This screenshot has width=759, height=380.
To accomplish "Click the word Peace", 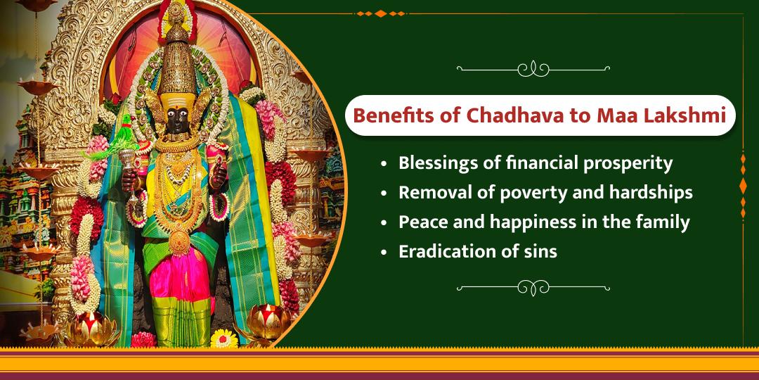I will coord(421,222).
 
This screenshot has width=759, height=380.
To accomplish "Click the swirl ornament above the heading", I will coord(533,69).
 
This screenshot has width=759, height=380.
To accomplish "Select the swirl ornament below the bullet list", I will coord(533,287).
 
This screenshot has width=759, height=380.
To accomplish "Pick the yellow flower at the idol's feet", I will coord(223,338).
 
